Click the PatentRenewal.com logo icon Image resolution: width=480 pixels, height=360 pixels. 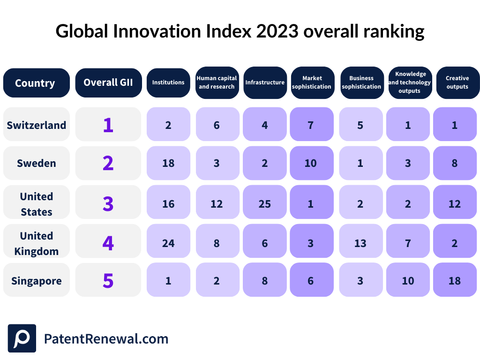pyautogui.click(x=22, y=338)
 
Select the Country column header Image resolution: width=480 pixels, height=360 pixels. pyautogui.click(x=36, y=83)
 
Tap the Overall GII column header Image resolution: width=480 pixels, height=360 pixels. pyautogui.click(x=108, y=82)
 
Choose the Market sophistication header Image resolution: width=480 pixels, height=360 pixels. pyautogui.click(x=312, y=82)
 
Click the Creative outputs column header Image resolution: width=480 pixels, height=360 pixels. pyautogui.click(x=457, y=82)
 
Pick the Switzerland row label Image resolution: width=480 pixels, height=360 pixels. pyautogui.click(x=36, y=125)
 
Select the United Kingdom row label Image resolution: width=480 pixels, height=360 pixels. pyautogui.click(x=36, y=243)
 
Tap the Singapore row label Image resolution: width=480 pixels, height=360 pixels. pyautogui.click(x=36, y=281)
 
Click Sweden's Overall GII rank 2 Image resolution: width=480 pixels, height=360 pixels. pyautogui.click(x=108, y=163)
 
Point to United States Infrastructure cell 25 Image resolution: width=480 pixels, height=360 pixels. pyautogui.click(x=265, y=203)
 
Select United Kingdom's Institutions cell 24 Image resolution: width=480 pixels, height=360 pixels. pyautogui.click(x=168, y=243)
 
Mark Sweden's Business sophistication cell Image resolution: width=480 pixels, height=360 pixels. pyautogui.click(x=360, y=163)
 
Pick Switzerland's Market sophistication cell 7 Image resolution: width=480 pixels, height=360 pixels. pyautogui.click(x=311, y=125)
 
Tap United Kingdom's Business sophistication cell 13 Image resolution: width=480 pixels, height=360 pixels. pyautogui.click(x=360, y=243)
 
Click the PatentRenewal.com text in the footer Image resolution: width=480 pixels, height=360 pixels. pyautogui.click(x=106, y=338)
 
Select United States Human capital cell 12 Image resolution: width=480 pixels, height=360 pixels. pyautogui.click(x=217, y=203)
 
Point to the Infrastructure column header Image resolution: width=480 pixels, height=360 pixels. pyautogui.click(x=265, y=82)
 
